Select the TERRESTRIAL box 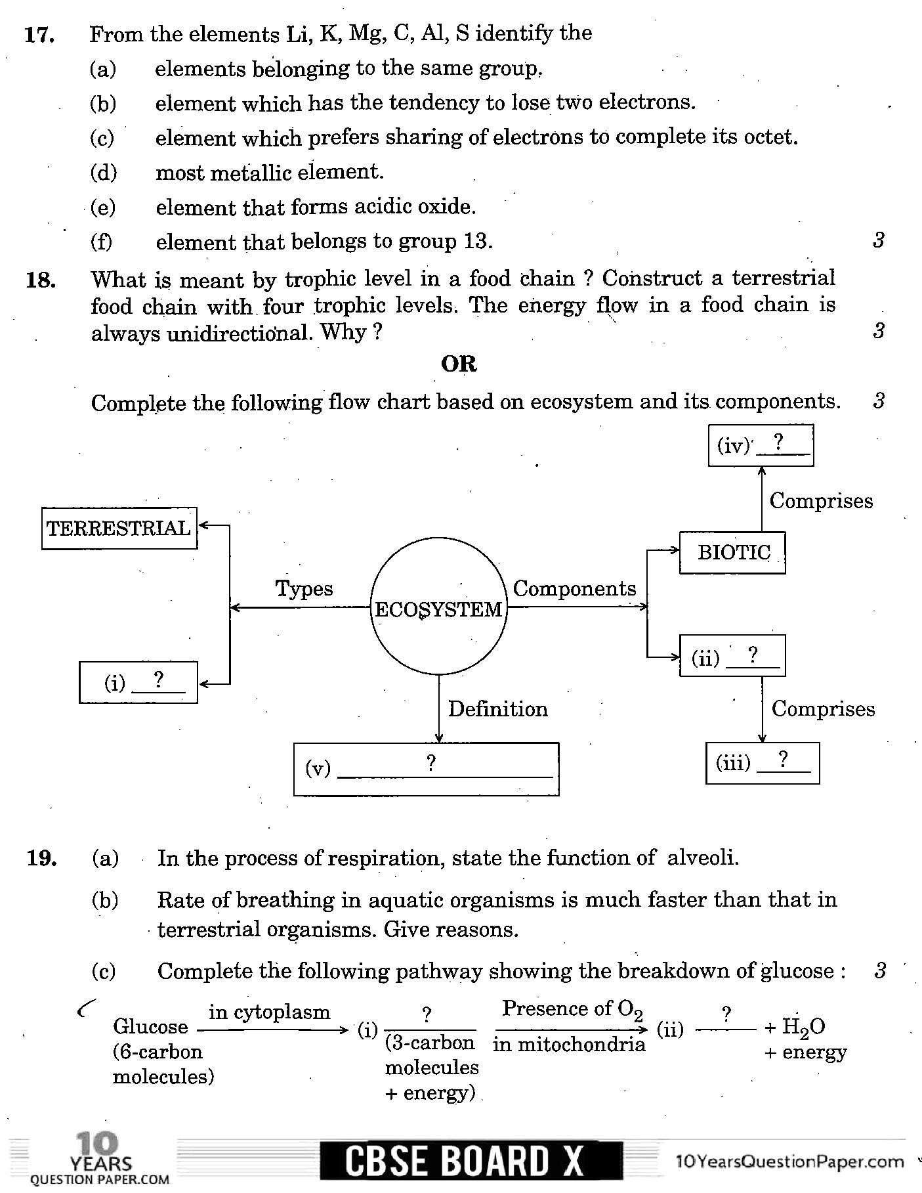pos(119,529)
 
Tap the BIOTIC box pos(732,553)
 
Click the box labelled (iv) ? pos(761,445)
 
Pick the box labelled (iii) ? pos(763,763)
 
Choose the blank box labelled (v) pos(426,769)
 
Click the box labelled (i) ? pos(138,683)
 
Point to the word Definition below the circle pos(497,709)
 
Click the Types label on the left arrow pos(304,588)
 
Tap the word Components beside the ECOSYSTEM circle pos(574,588)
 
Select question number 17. pos(39,35)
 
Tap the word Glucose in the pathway pos(150,1026)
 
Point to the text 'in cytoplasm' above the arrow pos(269,1012)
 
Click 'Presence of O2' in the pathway pos(572,1009)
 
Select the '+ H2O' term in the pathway pos(795,1027)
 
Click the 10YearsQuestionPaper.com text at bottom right pos(789,1161)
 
